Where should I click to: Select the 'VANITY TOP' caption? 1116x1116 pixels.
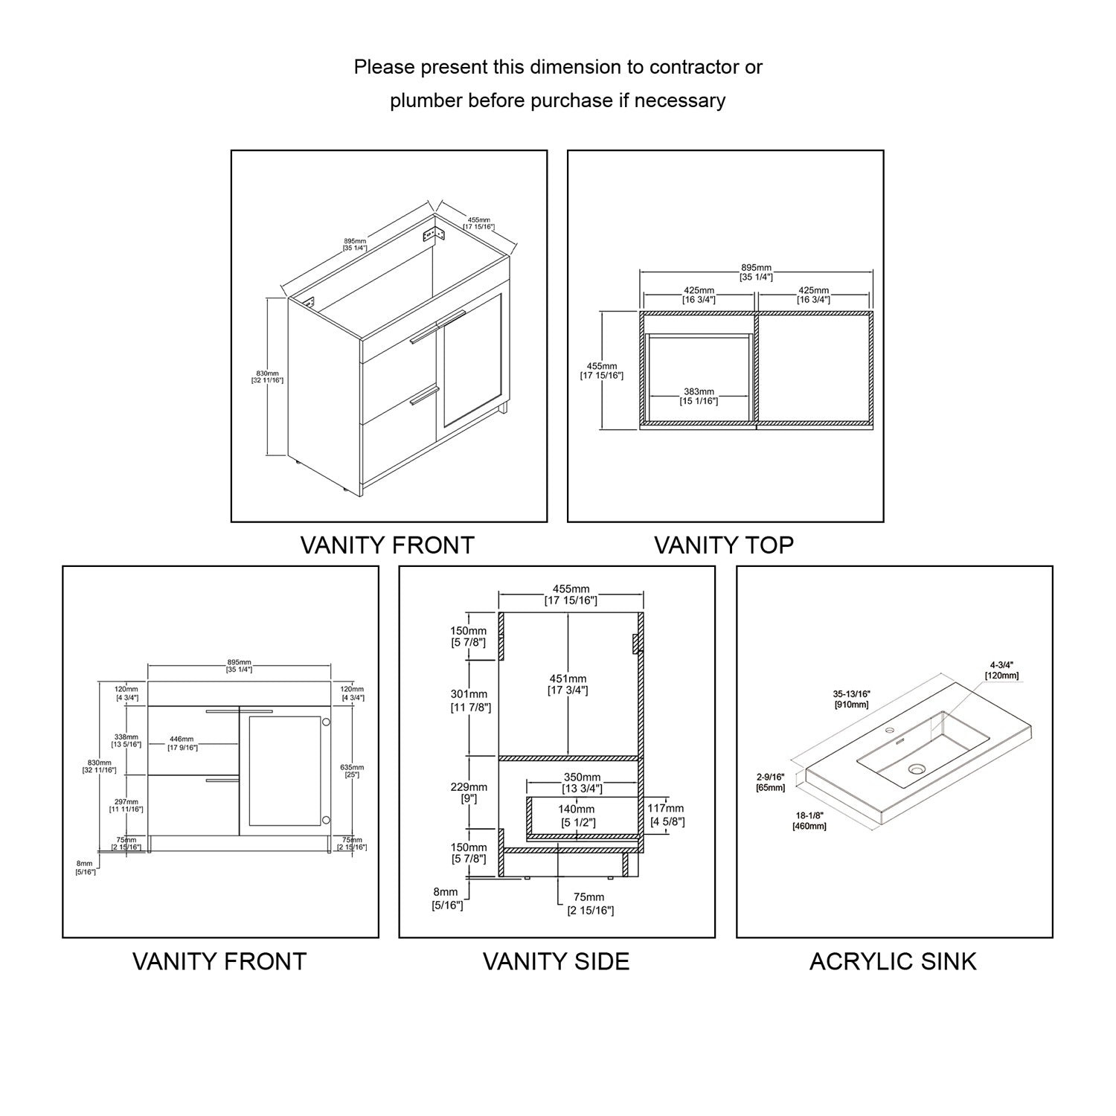tap(723, 545)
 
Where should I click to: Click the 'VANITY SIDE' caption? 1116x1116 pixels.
tap(556, 961)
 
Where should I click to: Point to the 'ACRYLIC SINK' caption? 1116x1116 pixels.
tap(892, 961)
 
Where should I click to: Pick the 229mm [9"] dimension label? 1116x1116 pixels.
tap(469, 792)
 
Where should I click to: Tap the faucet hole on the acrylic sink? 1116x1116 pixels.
tap(888, 731)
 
